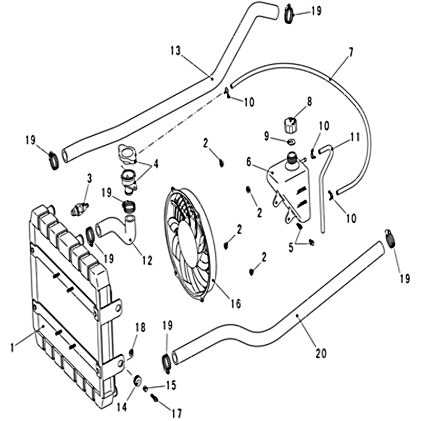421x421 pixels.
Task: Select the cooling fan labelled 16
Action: click(x=190, y=245)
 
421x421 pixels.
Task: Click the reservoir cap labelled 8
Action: click(x=291, y=126)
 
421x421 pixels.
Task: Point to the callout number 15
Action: click(x=171, y=385)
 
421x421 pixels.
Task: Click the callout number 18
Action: click(x=139, y=327)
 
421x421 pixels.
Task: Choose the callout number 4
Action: click(x=156, y=164)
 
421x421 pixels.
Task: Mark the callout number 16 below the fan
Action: click(x=235, y=304)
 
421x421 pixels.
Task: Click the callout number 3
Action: click(x=89, y=178)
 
